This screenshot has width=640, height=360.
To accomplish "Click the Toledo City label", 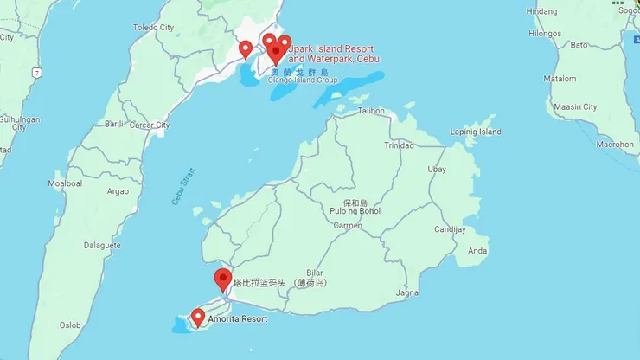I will [153, 28].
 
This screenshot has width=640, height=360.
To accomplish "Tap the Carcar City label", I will [150, 125].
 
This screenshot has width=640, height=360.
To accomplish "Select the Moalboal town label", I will [65, 183].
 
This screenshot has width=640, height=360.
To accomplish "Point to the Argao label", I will [117, 190].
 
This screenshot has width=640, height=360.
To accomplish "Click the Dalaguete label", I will [102, 246].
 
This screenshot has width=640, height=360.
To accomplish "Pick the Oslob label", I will [70, 325].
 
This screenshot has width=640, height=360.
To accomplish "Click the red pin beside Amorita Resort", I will [197, 318].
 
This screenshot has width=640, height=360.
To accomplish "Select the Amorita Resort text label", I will [236, 319].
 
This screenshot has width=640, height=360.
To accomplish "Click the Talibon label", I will [371, 111].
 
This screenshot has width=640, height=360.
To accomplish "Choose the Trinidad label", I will [400, 145].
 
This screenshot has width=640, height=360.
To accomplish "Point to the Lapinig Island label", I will [476, 132].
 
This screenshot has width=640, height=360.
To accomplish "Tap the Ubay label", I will [438, 169].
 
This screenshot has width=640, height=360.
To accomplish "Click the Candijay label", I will [449, 230].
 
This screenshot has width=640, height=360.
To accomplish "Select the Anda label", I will [477, 251].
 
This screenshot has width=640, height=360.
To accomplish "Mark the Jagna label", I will [406, 292].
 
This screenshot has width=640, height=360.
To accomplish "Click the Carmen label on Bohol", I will [348, 225].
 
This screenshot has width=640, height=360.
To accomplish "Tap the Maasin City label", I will [577, 107].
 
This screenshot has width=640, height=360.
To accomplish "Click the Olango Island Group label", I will [302, 80].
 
